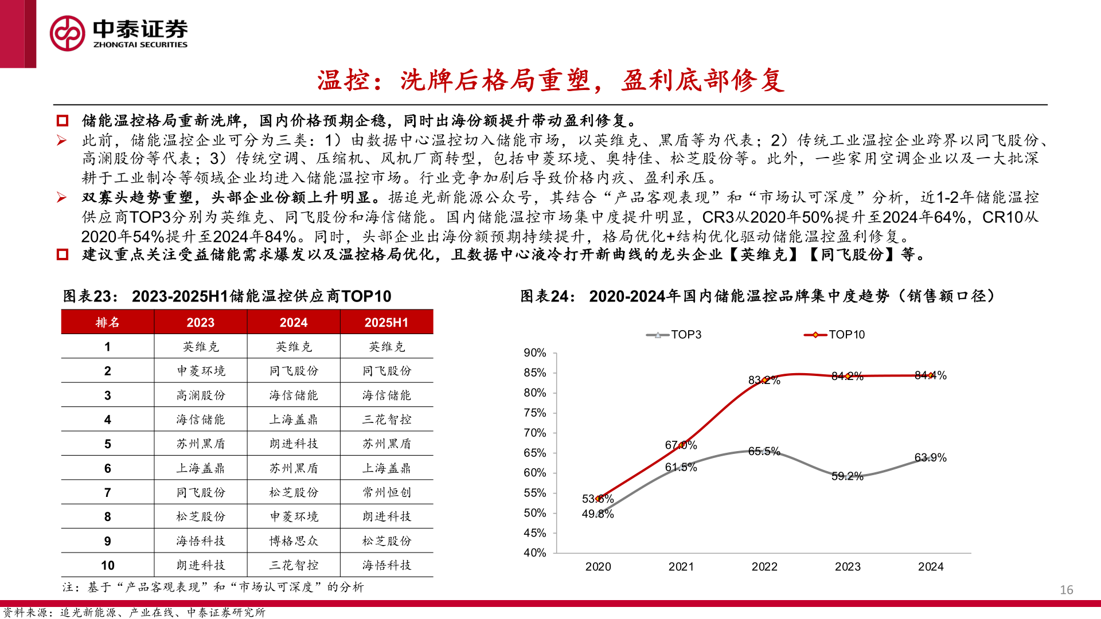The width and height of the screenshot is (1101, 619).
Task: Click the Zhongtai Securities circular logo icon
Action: coord(67,33)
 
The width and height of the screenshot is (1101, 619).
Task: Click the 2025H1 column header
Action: coord(386,323)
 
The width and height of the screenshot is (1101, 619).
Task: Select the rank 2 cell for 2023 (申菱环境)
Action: coord(201,371)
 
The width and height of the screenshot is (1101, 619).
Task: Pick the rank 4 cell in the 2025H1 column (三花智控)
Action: coord(386,420)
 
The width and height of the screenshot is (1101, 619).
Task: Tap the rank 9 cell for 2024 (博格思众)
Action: coord(294,541)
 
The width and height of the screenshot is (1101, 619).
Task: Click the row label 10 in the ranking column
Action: coord(108,565)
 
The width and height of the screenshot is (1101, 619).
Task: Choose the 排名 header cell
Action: coord(108,323)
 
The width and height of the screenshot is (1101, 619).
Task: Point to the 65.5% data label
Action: coord(764,452)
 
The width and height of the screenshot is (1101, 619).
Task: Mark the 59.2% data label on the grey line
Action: coord(847,476)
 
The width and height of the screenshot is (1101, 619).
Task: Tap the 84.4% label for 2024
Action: coord(930,375)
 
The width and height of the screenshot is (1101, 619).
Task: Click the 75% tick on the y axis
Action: coord(534,413)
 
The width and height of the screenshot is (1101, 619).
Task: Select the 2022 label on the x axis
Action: coord(764,567)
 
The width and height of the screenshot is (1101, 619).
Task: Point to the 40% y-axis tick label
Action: coord(534,553)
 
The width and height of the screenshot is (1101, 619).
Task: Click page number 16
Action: coord(1066,590)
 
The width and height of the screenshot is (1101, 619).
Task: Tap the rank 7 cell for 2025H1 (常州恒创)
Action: coord(386,492)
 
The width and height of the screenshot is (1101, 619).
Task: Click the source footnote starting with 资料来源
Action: coord(134,613)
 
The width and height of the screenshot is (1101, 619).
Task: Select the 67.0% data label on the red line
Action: coord(681,445)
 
